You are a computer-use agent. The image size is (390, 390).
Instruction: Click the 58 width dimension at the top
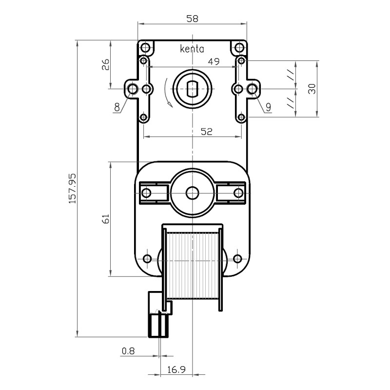[192, 19]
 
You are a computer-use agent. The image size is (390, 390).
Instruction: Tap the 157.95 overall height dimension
[73, 189]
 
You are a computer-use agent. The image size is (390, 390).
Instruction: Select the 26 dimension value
[106, 65]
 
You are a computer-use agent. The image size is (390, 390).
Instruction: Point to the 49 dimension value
[214, 61]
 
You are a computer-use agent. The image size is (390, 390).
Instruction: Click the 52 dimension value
[206, 132]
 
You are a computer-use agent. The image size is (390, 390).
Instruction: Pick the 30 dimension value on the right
[312, 89]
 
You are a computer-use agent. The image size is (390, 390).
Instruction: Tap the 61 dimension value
[106, 219]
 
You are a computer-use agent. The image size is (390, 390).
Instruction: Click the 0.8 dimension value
[128, 351]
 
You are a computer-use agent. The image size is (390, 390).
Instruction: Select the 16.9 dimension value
[176, 370]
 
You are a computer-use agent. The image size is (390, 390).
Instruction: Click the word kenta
[192, 49]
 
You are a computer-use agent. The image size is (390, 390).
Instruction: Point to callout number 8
[117, 107]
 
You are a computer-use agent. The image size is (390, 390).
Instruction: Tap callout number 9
[268, 107]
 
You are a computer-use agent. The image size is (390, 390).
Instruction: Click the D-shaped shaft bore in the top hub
[192, 89]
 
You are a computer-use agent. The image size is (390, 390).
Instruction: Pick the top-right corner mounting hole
[239, 47]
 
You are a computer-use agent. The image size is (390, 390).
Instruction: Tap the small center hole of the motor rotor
[192, 193]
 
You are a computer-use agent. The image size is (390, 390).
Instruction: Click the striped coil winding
[192, 265]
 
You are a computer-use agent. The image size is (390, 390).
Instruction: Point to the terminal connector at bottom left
[158, 314]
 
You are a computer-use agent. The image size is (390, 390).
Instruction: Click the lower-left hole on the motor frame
[148, 259]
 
